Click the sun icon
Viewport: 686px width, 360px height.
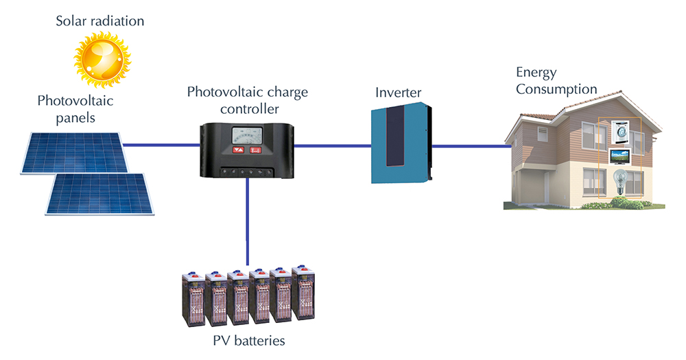[102, 59]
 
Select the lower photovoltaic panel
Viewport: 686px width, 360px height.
[101, 193]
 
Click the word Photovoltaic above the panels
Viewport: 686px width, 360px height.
[75, 102]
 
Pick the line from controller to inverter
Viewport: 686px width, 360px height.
[333, 145]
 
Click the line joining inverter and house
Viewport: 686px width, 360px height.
[471, 145]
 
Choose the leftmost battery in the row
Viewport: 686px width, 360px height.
[194, 300]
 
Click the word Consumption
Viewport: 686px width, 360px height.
[556, 89]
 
